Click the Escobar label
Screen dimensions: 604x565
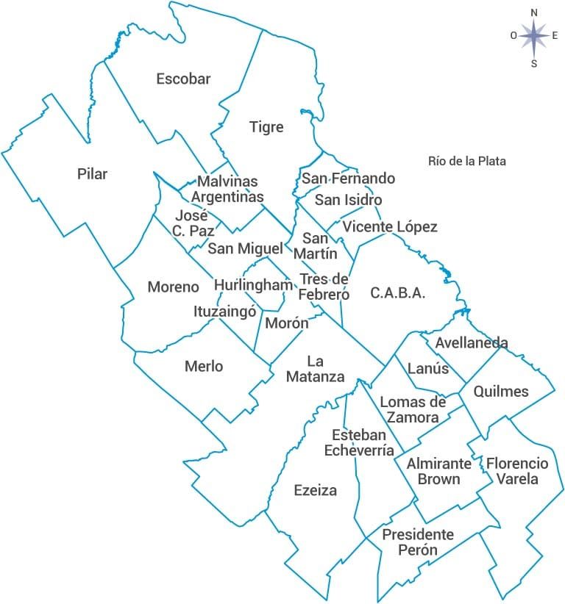183,79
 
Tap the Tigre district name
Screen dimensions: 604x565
266,127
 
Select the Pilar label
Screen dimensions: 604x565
92,174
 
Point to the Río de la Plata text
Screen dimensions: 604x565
467,161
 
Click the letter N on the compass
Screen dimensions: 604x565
534,12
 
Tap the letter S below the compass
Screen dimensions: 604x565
534,63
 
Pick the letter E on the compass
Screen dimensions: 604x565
555,35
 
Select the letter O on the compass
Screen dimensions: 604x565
514,35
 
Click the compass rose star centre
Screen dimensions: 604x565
534,35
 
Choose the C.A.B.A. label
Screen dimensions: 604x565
398,292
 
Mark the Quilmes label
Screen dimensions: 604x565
501,391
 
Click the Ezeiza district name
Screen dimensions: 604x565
315,490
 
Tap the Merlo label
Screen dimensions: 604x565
204,366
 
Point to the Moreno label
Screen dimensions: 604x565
174,287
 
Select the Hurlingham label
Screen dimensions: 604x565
253,284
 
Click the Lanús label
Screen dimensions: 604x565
427,368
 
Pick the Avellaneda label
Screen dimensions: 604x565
472,343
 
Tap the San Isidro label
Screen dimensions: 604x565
349,200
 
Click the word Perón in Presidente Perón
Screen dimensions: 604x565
417,550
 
